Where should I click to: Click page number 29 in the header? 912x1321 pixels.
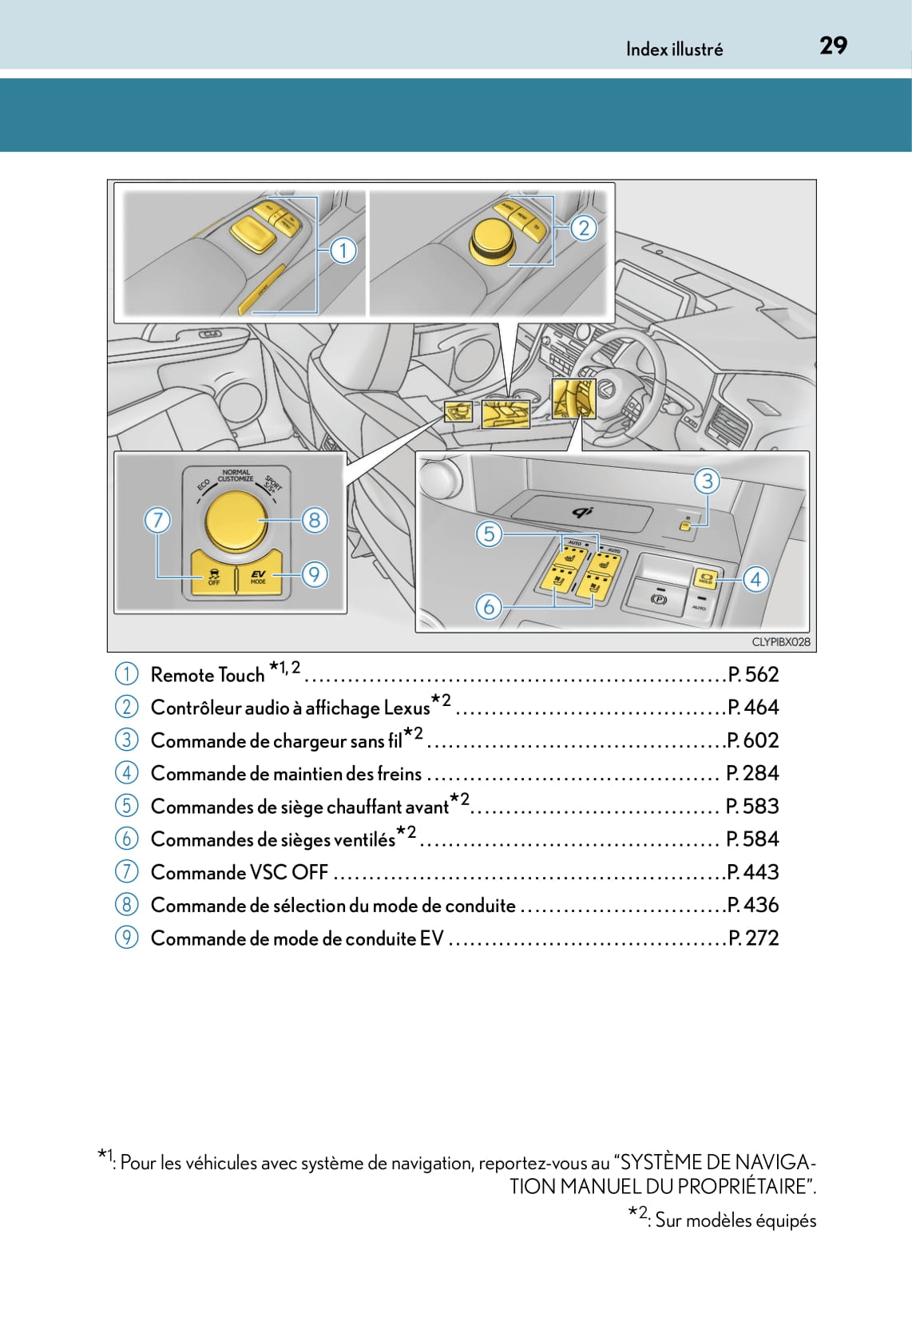tap(833, 46)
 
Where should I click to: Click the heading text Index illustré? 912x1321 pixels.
tap(674, 50)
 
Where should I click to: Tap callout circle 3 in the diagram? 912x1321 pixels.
tap(707, 481)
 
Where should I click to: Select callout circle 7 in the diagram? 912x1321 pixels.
tap(157, 521)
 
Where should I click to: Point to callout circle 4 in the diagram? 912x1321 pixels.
tap(755, 579)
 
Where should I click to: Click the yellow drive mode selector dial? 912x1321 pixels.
tap(235, 521)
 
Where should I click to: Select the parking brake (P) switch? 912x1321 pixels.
tap(659, 599)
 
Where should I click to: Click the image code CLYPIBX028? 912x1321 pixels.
tap(780, 642)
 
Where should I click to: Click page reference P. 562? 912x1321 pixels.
tap(753, 675)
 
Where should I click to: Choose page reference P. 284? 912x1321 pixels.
tap(752, 773)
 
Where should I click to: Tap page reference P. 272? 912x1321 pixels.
tap(753, 938)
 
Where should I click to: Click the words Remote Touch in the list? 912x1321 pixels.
tap(207, 676)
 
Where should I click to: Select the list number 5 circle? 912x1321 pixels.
tap(126, 806)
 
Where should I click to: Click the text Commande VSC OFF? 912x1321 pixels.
tap(239, 872)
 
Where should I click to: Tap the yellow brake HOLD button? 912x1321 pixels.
tap(705, 578)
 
